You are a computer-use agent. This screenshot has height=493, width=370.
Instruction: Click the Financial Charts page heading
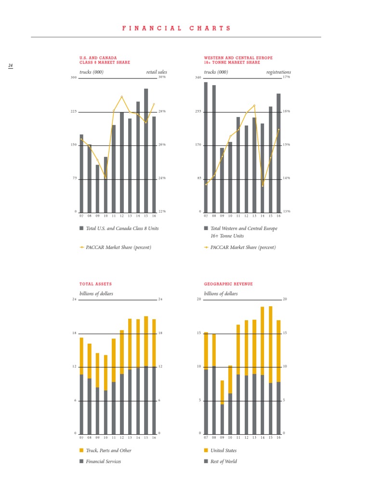click(x=176, y=28)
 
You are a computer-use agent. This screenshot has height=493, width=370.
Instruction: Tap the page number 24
click(x=10, y=65)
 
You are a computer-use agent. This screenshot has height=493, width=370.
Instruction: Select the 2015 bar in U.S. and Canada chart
click(x=146, y=150)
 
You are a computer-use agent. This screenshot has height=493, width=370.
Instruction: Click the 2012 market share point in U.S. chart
click(x=122, y=97)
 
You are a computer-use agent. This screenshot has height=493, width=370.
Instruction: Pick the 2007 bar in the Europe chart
click(x=206, y=147)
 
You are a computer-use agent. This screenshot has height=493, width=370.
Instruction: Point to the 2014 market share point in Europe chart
click(x=263, y=186)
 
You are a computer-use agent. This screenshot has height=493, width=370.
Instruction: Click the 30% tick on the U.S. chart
click(x=162, y=77)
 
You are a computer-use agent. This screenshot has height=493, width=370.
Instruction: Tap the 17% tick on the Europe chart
click(x=286, y=77)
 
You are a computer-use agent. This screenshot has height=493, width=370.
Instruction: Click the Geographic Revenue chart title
click(x=228, y=284)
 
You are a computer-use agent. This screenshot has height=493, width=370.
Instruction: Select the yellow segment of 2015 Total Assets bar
click(x=146, y=341)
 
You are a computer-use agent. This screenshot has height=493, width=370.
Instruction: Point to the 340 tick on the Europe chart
click(x=198, y=77)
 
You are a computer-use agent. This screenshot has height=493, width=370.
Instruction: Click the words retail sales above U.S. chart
click(x=157, y=72)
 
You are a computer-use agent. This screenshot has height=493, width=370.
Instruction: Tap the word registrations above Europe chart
click(x=278, y=72)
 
